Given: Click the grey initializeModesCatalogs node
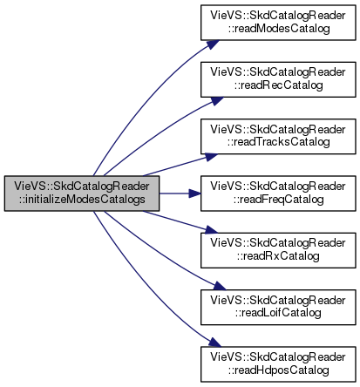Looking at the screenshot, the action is click(82, 193).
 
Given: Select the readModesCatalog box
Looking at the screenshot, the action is click(278, 23).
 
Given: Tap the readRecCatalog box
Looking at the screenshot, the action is click(278, 79).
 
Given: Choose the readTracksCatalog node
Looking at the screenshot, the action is click(278, 136).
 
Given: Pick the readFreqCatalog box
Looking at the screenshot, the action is click(278, 193).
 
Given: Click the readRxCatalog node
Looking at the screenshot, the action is click(278, 250).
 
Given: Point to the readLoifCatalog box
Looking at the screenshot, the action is click(278, 307).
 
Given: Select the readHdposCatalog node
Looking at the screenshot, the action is click(278, 364).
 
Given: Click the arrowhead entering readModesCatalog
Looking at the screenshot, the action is click(213, 44).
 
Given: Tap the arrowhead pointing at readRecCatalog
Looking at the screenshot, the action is click(217, 101).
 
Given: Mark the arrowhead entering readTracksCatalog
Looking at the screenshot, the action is click(211, 157).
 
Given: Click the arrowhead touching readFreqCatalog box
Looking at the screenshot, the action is click(194, 193).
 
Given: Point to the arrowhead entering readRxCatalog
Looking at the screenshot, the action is click(211, 229).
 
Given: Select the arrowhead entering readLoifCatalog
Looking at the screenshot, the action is click(219, 286).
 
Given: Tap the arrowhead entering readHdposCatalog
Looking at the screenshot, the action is click(214, 343).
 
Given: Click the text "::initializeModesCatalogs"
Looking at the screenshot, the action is click(82, 200).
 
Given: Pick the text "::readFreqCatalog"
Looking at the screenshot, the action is click(278, 200).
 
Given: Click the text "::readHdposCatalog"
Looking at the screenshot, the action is click(278, 370).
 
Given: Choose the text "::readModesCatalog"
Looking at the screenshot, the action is click(279, 29).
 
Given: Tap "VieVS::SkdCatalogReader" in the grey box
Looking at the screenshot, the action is click(82, 187).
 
